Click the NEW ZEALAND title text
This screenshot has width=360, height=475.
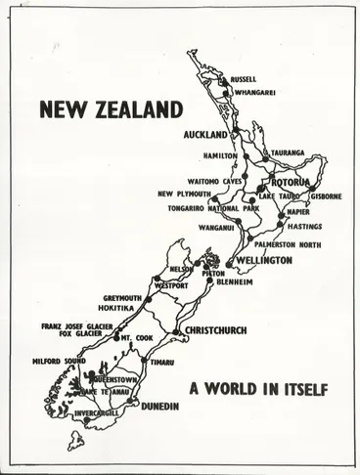tap(111, 109)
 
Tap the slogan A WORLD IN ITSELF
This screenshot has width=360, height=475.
tap(258, 389)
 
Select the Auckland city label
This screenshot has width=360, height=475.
tap(205, 134)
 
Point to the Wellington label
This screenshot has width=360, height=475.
tap(262, 262)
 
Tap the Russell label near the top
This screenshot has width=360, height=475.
tap(244, 79)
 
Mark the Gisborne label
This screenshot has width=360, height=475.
tap(326, 195)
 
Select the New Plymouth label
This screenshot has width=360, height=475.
tap(184, 194)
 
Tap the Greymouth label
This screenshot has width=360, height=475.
tap(122, 298)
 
